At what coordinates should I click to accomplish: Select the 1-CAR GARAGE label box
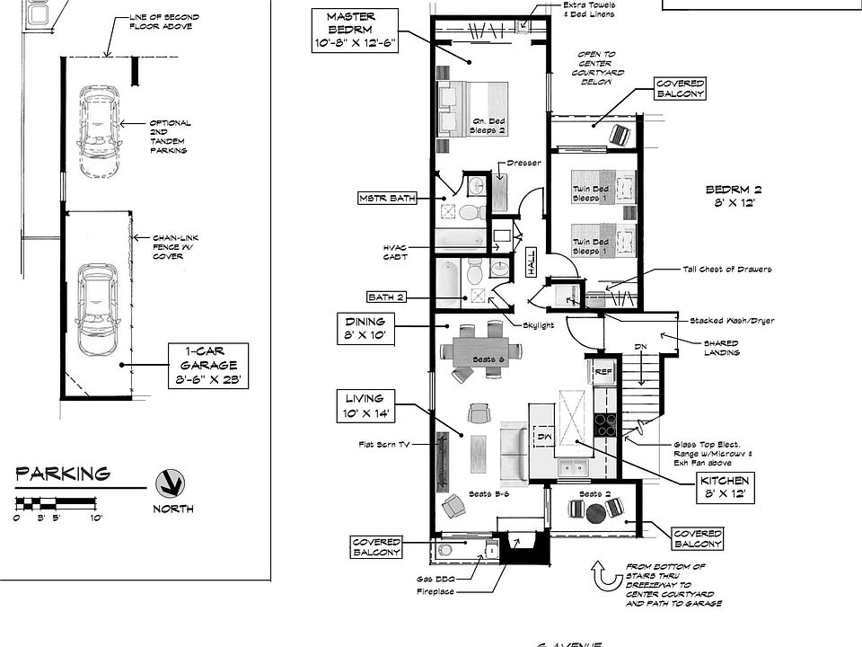coord(207,366)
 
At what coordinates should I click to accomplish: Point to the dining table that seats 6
coord(486,350)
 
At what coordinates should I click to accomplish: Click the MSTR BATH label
coord(387,198)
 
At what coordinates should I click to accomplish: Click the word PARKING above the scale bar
coord(62,474)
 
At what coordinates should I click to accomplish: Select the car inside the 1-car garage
coord(96,309)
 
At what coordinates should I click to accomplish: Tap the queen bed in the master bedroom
coord(471,109)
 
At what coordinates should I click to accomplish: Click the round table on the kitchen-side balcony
coord(595,514)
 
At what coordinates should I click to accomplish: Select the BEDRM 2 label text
coord(733,197)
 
